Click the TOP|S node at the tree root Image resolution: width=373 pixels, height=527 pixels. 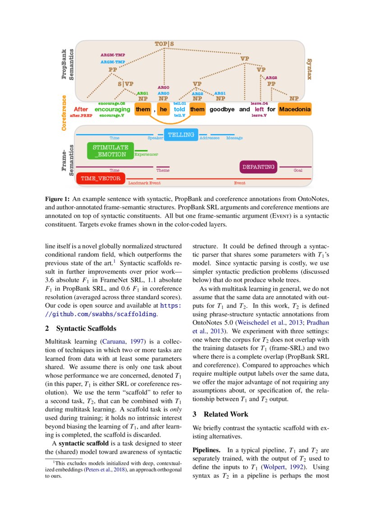tap(164, 44)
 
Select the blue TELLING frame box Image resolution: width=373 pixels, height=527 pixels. tap(181, 134)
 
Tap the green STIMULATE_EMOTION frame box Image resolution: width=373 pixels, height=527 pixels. tap(110, 151)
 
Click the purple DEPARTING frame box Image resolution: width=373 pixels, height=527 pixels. tap(258, 167)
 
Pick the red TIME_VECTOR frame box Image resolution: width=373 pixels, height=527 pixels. tap(101, 179)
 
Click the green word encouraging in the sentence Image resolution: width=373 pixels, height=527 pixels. tap(112, 109)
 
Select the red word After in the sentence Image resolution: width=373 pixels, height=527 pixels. tap(81, 109)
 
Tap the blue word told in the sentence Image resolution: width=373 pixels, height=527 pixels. tap(180, 109)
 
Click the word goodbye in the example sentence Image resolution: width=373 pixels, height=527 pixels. tap(222, 109)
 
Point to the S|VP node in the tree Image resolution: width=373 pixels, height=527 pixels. tap(126, 83)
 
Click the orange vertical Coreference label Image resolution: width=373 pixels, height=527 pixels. tap(64, 113)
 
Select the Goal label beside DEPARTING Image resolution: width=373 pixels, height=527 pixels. tap(298, 170)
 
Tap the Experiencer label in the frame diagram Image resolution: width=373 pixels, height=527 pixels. tap(147, 154)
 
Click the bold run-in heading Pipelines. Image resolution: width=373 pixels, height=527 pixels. tap(207, 450)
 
